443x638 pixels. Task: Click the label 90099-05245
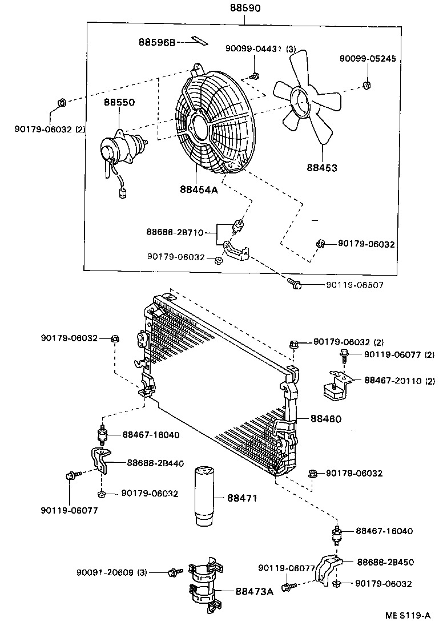click(x=367, y=59)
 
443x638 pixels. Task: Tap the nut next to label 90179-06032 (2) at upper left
click(x=62, y=103)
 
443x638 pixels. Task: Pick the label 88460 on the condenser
click(x=326, y=418)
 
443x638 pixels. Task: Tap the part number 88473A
click(x=254, y=591)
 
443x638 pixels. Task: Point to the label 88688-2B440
click(x=155, y=463)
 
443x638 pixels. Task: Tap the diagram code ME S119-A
click(x=408, y=616)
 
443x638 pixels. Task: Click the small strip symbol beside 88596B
click(x=200, y=41)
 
